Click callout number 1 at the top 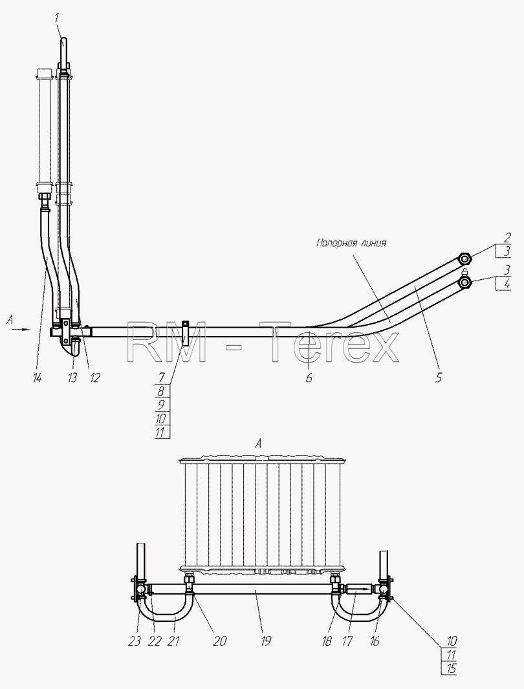[x=57, y=19]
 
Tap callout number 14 [x=37, y=377]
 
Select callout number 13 [x=72, y=377]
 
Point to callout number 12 [x=94, y=377]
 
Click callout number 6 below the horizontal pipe [x=309, y=377]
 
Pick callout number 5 [x=438, y=377]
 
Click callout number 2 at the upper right [x=507, y=238]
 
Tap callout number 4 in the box [x=507, y=284]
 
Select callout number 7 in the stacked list [x=161, y=377]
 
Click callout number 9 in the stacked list [x=161, y=405]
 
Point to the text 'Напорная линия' [x=351, y=242]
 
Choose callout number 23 [x=135, y=641]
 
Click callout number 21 [x=174, y=641]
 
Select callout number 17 [x=347, y=641]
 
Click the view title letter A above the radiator [x=259, y=444]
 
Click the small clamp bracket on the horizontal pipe [x=186, y=333]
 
